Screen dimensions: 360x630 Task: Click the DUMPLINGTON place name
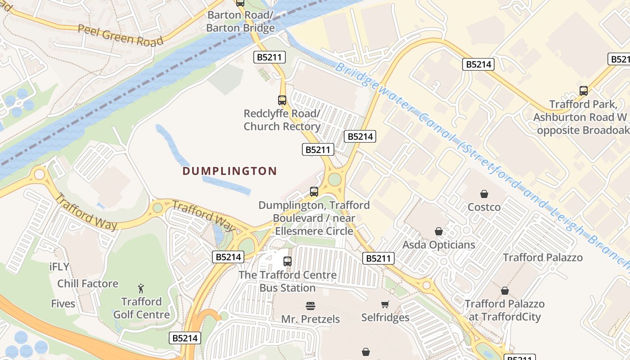(229, 171)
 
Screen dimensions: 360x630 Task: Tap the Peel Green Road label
(120, 35)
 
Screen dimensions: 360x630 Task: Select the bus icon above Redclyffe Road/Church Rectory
(282, 100)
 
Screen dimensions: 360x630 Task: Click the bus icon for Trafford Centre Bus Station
(287, 261)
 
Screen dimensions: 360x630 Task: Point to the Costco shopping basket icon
(484, 194)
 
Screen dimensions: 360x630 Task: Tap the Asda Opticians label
(439, 245)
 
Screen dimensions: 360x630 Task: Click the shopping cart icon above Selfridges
(385, 305)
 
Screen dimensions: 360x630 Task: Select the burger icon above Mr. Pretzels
(310, 306)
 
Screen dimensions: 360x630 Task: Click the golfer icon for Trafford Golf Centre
(141, 288)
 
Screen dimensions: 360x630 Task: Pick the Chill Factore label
(88, 283)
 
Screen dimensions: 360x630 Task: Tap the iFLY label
(59, 266)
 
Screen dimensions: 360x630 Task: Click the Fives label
(63, 304)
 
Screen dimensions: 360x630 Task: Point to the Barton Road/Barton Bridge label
(240, 22)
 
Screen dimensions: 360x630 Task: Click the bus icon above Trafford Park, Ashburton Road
(584, 91)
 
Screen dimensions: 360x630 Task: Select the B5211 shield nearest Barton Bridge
(270, 57)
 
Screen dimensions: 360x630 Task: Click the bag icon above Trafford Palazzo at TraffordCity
(505, 291)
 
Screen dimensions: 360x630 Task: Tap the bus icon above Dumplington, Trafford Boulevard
(314, 192)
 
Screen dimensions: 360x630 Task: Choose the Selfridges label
(385, 317)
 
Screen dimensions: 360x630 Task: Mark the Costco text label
(484, 207)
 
